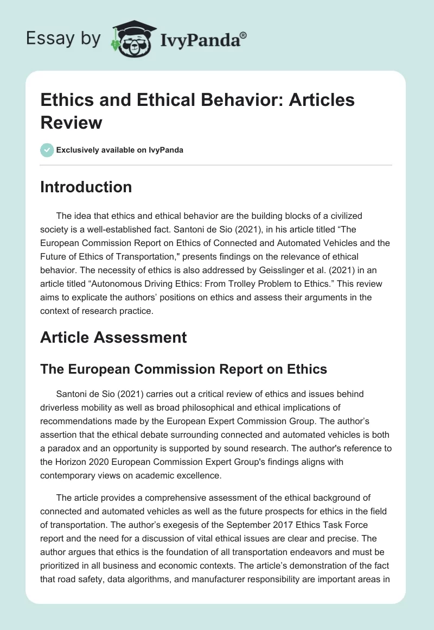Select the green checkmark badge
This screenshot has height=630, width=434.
coord(47,150)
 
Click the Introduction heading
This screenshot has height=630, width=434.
coord(86,187)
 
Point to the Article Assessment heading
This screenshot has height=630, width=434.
coord(113,337)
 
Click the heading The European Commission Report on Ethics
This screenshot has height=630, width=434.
coord(183,369)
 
